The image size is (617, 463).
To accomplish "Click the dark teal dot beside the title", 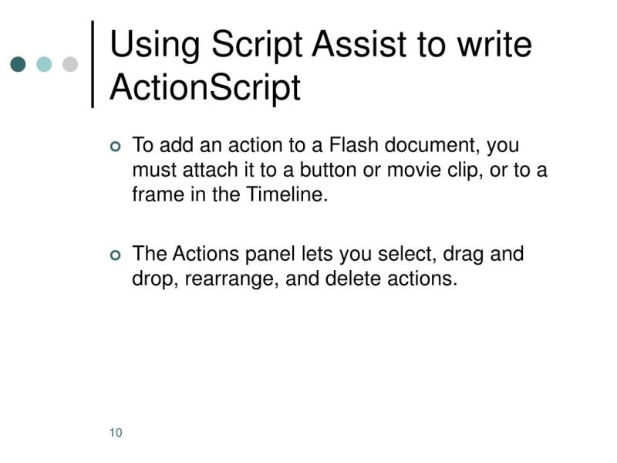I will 19,64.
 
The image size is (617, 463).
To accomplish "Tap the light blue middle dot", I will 44,64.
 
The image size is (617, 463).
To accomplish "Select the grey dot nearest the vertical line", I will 69,64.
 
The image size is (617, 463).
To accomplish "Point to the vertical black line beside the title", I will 93,64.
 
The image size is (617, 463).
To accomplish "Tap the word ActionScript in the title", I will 204,88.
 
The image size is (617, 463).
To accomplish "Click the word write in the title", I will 494,45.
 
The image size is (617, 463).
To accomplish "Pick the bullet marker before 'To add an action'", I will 116,147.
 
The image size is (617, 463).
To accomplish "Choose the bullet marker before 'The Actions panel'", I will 116,255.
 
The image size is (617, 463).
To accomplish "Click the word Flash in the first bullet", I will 355,145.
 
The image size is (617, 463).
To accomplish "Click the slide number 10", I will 116,432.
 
